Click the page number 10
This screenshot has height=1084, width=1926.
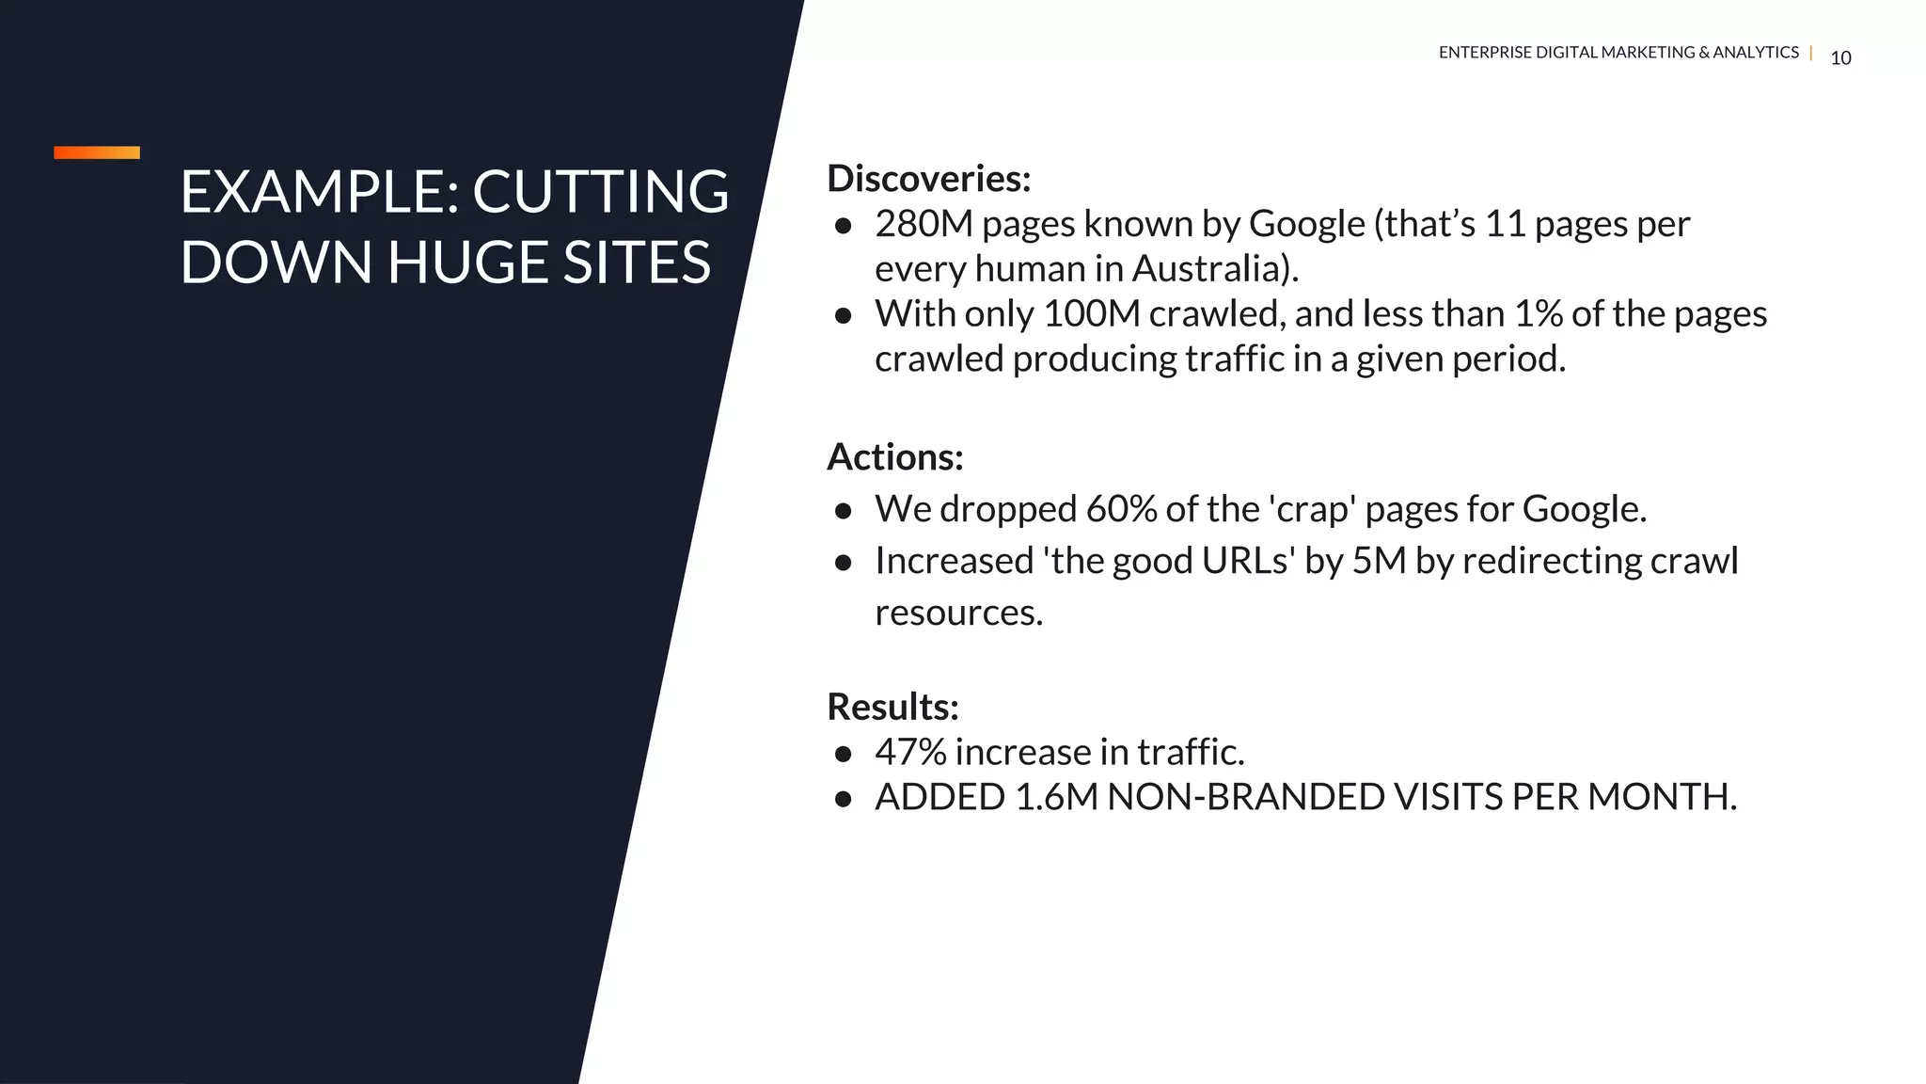1840,58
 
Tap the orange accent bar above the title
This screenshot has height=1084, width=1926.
97,152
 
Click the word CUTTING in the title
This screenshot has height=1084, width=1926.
600,192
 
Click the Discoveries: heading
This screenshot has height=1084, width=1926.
928,179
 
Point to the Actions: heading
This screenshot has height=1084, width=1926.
894,457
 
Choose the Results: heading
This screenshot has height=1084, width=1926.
892,707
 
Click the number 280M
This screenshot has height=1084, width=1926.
924,224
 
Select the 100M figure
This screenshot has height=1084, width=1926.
1091,314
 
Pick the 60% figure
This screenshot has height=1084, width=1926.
1121,509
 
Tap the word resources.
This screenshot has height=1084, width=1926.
958,614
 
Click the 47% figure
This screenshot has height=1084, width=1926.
910,752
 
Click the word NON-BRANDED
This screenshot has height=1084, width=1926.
1246,797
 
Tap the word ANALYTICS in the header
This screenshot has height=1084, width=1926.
1755,53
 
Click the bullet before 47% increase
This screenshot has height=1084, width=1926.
843,754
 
